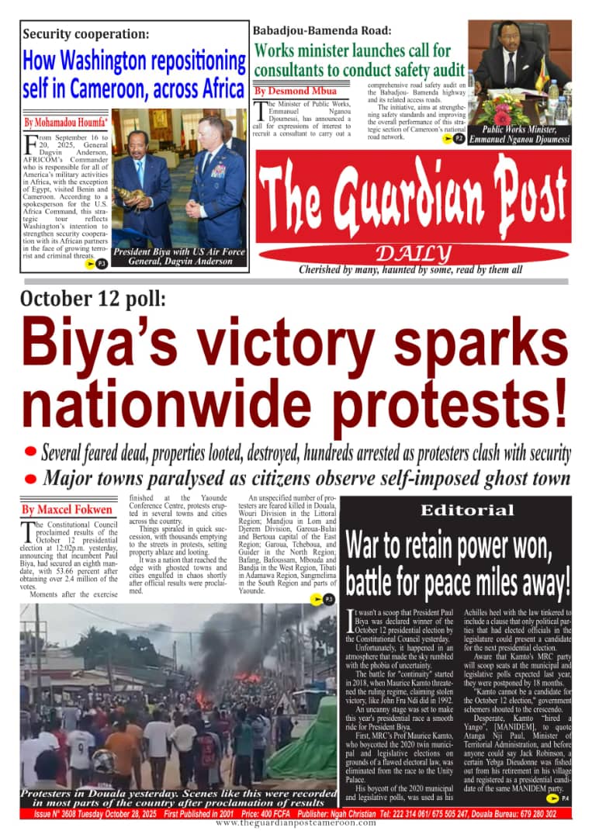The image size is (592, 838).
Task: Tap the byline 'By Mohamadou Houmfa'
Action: [x=65, y=123]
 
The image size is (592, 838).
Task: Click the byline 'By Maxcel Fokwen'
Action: [x=67, y=510]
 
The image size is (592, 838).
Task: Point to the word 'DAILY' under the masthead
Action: [x=413, y=254]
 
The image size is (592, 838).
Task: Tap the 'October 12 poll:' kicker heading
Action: [x=92, y=300]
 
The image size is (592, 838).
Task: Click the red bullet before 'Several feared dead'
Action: [x=31, y=451]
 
